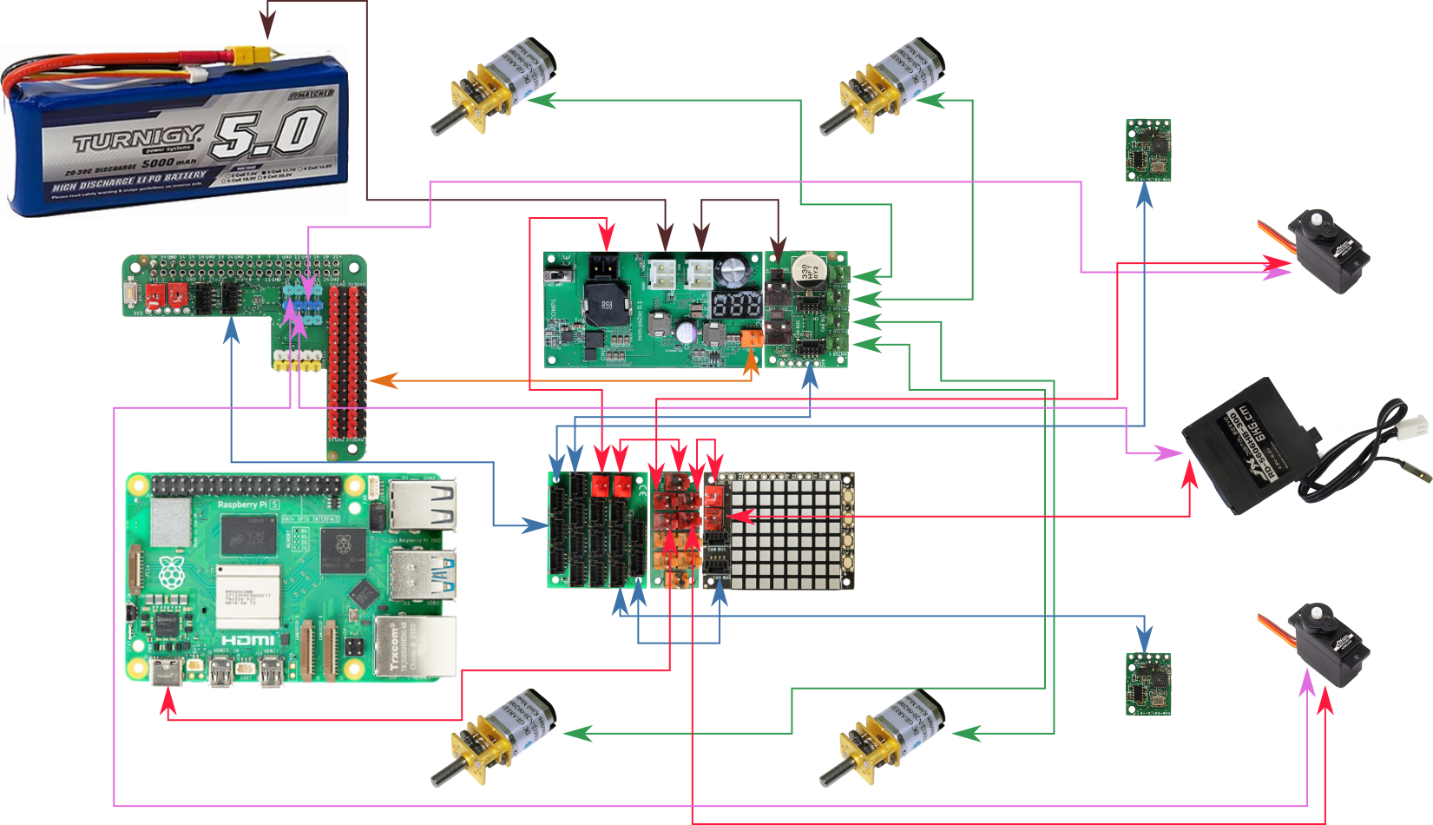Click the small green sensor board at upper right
coord(1148,150)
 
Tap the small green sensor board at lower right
coord(1148,683)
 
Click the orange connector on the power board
coord(753,338)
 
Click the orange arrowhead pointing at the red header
coord(382,380)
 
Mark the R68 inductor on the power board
coord(607,305)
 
